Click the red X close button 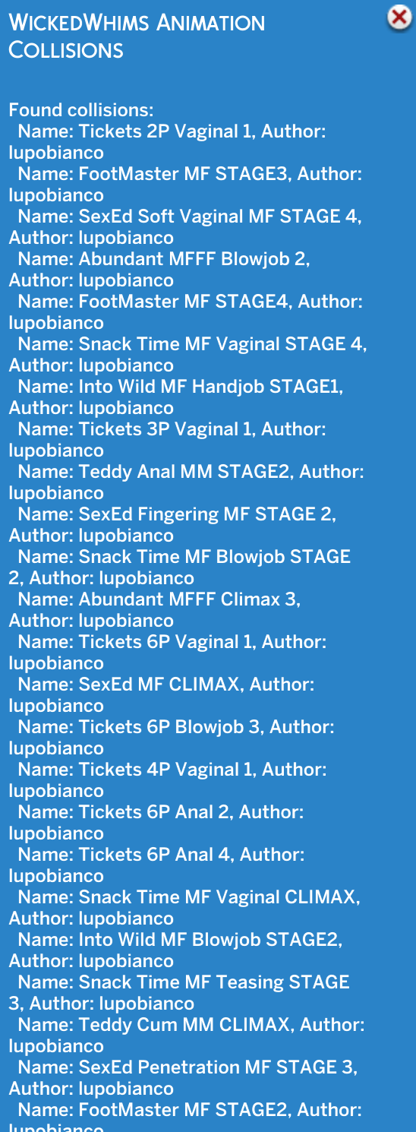point(399,17)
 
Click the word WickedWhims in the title point(79,23)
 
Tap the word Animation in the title point(210,23)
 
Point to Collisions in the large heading point(65,50)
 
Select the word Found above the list point(36,109)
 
